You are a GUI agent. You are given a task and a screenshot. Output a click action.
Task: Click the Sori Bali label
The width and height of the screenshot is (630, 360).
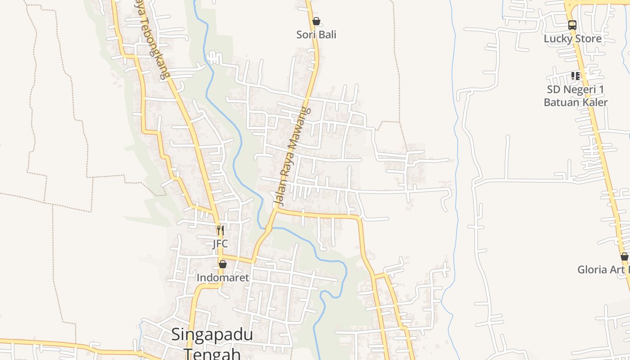(316, 35)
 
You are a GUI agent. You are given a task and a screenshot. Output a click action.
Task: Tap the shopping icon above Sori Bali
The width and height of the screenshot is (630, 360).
(316, 21)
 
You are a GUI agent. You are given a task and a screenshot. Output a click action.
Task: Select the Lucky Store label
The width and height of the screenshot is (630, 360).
(572, 39)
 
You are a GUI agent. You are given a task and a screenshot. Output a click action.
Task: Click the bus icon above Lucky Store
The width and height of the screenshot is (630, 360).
(572, 25)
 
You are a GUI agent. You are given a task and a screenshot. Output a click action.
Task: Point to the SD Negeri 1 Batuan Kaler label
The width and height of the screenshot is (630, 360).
(576, 96)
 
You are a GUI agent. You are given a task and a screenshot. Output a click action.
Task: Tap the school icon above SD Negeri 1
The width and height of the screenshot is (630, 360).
(575, 76)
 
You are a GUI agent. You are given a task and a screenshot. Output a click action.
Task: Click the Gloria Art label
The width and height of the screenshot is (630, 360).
(603, 270)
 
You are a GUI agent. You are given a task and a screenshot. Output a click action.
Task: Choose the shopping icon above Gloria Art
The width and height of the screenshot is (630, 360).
(624, 257)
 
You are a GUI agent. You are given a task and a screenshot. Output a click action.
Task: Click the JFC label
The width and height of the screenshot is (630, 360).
(220, 244)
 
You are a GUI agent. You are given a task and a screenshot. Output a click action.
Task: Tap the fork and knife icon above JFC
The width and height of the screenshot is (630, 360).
(220, 230)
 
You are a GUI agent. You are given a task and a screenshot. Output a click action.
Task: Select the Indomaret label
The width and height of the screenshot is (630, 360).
(222, 278)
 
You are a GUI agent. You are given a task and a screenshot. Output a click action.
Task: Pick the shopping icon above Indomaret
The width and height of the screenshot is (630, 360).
(222, 264)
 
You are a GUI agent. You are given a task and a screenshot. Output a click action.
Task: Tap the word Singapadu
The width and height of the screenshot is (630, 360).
(212, 335)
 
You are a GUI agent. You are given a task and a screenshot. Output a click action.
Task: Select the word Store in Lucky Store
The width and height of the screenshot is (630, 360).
(588, 39)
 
